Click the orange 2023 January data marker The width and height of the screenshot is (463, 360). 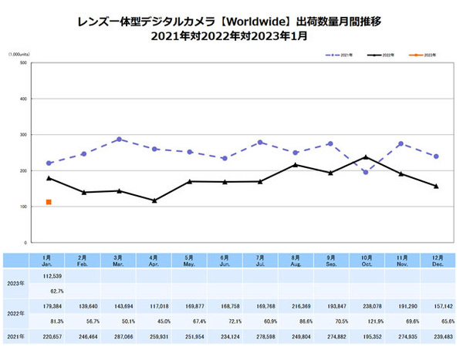click(49, 202)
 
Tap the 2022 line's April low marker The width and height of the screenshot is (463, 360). click(154, 200)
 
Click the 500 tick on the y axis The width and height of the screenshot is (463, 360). click(23, 63)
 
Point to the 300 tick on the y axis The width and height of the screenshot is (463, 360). click(23, 135)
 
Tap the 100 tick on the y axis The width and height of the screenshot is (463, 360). click(23, 207)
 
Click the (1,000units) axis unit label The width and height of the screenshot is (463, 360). click(19, 54)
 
